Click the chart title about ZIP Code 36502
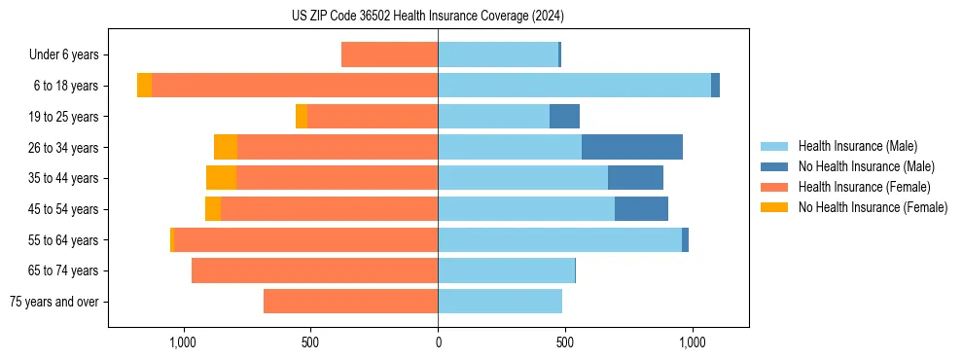point(428,16)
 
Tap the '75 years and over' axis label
point(54,302)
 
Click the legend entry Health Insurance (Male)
point(857,146)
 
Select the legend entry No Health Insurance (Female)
point(873,207)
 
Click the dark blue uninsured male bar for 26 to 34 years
point(631,147)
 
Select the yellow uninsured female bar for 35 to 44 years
point(221,178)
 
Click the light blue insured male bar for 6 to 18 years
point(574,86)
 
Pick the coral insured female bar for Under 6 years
point(389,54)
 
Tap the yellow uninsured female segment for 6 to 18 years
point(144,86)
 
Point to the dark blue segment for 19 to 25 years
point(564,117)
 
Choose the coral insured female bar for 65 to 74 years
point(314,270)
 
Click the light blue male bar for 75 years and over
point(500,302)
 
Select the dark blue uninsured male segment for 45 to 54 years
point(641,209)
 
